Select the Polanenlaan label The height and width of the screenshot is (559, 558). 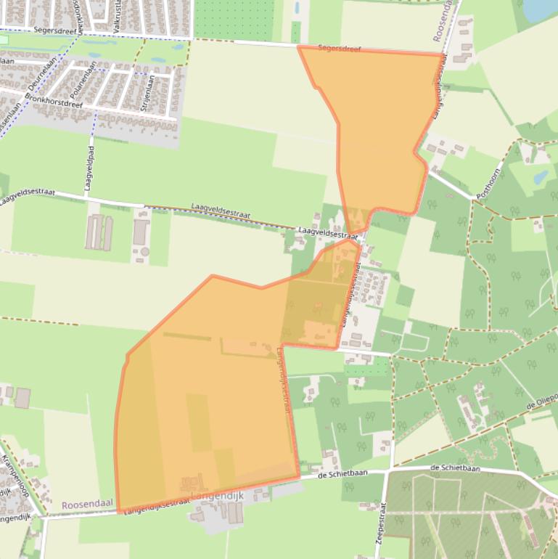coord(82,82)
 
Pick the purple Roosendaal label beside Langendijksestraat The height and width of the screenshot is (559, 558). coord(89,504)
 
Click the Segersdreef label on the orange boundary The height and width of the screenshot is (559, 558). coord(340,49)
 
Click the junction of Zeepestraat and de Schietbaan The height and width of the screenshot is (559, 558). coord(392,469)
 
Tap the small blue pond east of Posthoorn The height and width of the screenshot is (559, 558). coord(541,177)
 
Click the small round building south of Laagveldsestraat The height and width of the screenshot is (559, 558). coord(144,251)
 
